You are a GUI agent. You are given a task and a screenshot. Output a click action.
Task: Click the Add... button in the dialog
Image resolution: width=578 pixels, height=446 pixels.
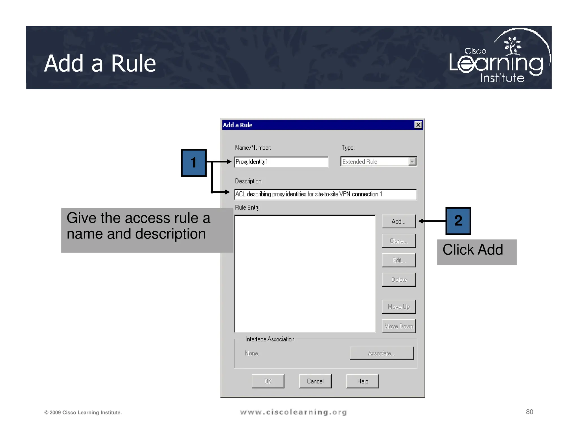pos(399,221)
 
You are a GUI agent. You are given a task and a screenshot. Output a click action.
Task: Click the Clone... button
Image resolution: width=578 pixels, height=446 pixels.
pos(399,241)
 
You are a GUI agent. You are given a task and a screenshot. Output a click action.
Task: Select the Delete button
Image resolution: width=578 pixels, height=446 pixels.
pos(399,280)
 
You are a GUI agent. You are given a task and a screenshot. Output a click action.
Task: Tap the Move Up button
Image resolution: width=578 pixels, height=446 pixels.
pos(399,307)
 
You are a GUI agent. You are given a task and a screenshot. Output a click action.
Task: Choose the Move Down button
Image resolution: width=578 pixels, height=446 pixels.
pos(399,326)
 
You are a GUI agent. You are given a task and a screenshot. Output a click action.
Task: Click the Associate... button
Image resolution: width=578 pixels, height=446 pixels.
pos(382,353)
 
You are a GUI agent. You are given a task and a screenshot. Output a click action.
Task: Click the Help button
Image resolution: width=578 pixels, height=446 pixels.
pos(362,381)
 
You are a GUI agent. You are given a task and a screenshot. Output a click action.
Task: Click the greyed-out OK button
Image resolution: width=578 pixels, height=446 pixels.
pos(268,381)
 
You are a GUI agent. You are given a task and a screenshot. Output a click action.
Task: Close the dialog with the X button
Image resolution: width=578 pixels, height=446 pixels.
pos(418,125)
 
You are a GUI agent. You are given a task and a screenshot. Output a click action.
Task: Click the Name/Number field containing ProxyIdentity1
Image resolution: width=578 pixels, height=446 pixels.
pos(281,162)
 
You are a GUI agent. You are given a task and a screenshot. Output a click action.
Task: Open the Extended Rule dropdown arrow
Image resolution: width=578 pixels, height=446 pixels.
pos(412,162)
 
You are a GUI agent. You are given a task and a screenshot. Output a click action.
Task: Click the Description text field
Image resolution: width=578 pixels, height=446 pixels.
pos(325,194)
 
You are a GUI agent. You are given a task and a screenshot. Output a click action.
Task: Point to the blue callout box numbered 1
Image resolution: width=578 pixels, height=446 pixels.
pos(194,163)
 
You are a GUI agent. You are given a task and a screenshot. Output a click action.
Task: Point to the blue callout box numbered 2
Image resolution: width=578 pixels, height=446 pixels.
pos(458,221)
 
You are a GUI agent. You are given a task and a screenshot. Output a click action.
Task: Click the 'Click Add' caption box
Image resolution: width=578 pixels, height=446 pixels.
pos(476,252)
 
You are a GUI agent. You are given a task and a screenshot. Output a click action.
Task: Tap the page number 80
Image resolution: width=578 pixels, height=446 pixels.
pos(529,412)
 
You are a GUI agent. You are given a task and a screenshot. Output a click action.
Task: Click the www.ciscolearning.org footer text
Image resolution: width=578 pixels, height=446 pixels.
pos(293,412)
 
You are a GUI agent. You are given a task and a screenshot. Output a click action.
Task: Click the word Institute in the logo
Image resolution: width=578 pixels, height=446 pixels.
pos(502,78)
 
